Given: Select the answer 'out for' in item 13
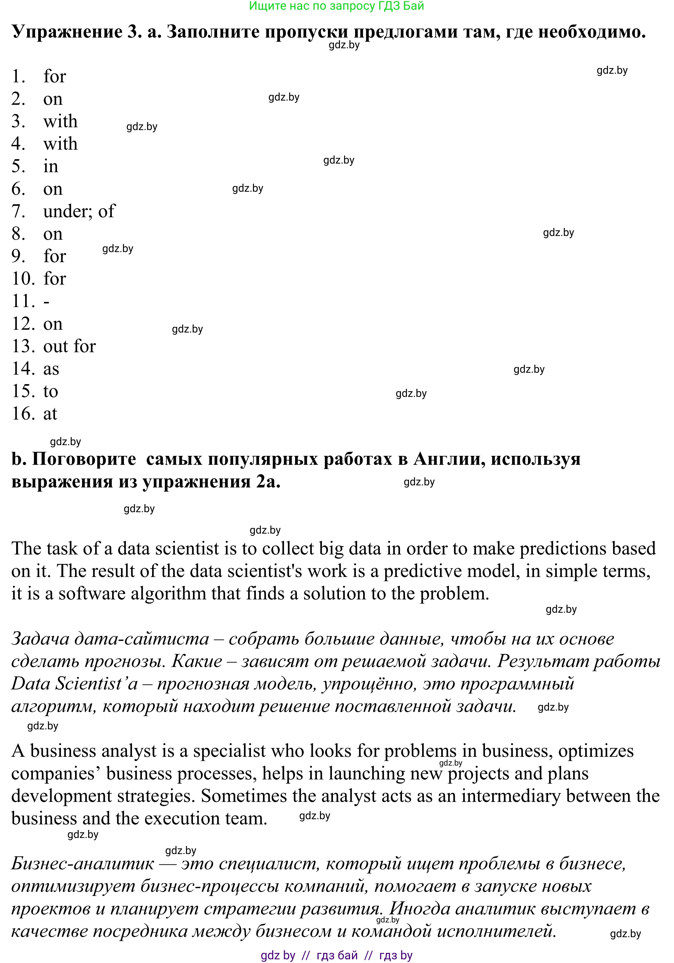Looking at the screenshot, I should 70,347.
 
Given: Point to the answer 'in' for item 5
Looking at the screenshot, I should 51,167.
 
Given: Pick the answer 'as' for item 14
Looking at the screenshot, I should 51,369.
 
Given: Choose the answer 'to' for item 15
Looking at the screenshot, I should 51,391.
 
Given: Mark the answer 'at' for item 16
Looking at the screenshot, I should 50,414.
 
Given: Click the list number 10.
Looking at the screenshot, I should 23,279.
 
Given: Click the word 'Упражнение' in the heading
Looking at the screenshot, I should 67,32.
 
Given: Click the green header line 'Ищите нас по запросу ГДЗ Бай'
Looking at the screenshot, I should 337,6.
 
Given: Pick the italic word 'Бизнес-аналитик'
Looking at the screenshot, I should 82,863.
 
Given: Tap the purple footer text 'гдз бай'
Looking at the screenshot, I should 337,955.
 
